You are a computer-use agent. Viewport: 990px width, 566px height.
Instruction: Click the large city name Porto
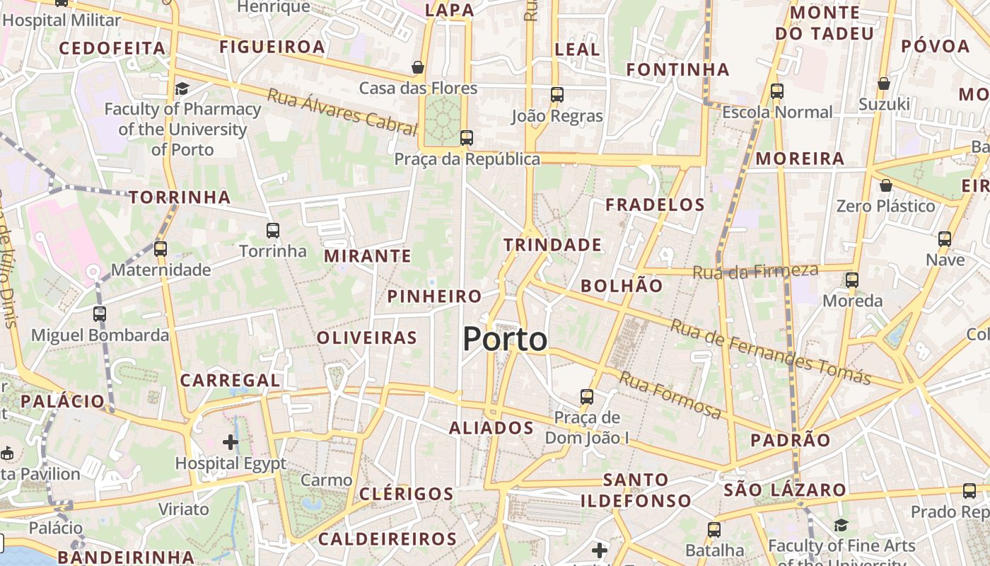pyautogui.click(x=505, y=340)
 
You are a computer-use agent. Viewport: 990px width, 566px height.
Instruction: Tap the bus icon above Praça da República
pyautogui.click(x=466, y=138)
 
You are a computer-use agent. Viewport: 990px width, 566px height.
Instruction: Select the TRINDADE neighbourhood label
pyautogui.click(x=552, y=246)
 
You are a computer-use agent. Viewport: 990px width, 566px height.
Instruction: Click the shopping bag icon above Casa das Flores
pyautogui.click(x=418, y=67)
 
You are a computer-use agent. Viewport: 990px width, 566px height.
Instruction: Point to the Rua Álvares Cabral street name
pyautogui.click(x=342, y=112)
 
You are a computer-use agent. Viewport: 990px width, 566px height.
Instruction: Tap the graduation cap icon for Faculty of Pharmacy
pyautogui.click(x=182, y=88)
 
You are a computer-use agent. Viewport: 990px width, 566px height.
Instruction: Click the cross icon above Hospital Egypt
pyautogui.click(x=230, y=443)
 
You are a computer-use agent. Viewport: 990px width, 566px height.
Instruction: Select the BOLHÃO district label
pyautogui.click(x=622, y=286)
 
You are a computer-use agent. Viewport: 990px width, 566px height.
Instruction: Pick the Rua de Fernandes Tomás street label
pyautogui.click(x=770, y=352)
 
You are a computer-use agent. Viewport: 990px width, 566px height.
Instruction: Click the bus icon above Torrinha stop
pyautogui.click(x=273, y=230)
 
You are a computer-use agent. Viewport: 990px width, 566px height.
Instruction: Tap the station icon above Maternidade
pyautogui.click(x=161, y=248)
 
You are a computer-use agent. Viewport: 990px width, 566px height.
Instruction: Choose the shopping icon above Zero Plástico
pyautogui.click(x=885, y=185)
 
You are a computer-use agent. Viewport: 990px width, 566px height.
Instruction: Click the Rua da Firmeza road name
pyautogui.click(x=755, y=271)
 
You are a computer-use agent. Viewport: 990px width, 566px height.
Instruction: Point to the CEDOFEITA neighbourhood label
pyautogui.click(x=112, y=48)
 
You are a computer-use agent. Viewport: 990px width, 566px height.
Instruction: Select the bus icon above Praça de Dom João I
pyautogui.click(x=586, y=397)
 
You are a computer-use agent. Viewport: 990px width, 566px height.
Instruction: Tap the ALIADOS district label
pyautogui.click(x=491, y=428)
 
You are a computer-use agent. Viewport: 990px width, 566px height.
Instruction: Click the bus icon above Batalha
pyautogui.click(x=714, y=529)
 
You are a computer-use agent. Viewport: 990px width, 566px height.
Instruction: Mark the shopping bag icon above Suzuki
pyautogui.click(x=883, y=83)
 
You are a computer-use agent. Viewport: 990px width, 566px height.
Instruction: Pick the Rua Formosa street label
pyautogui.click(x=670, y=394)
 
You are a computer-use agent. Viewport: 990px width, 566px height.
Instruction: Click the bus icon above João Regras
pyautogui.click(x=557, y=94)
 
